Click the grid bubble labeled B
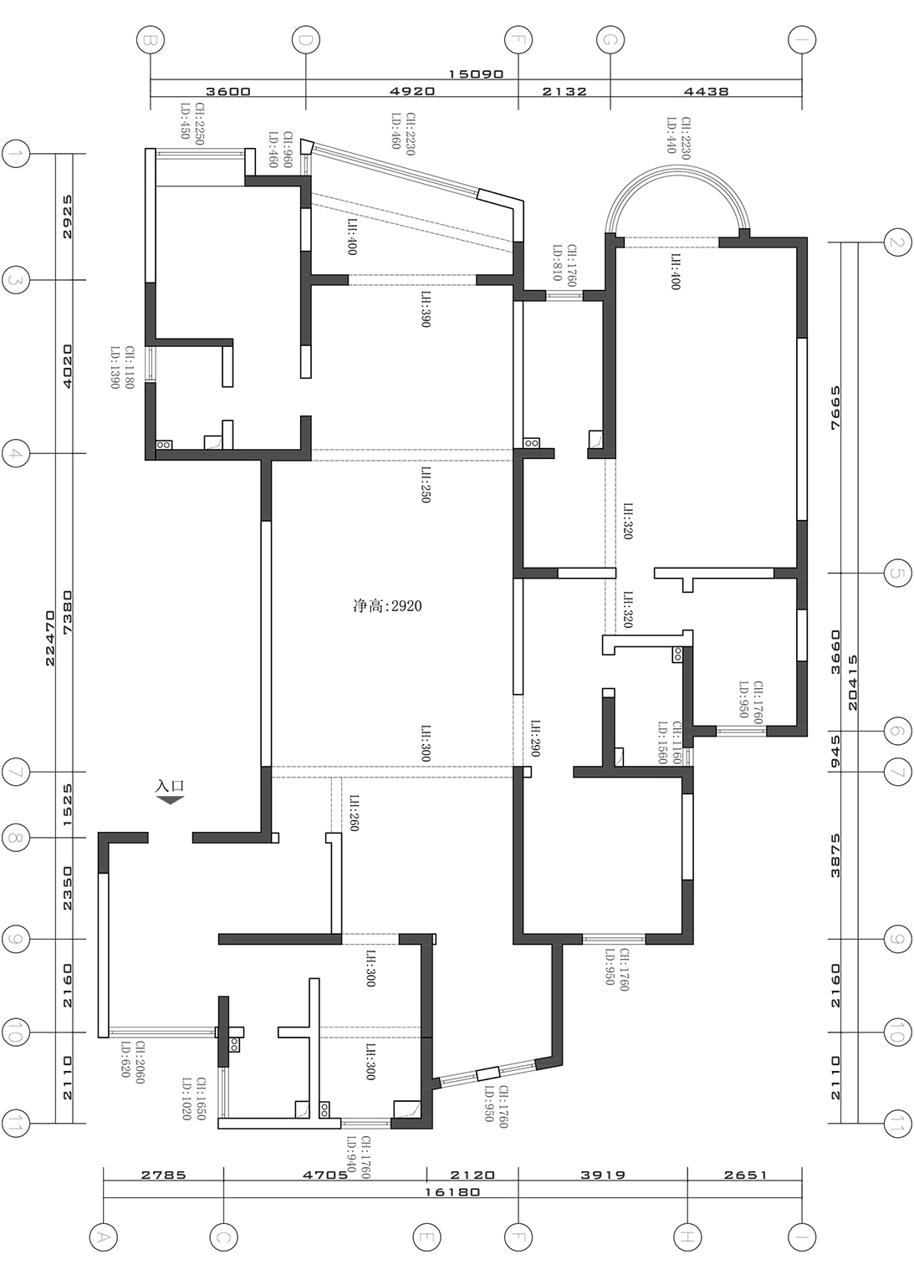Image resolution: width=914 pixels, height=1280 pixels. [151, 40]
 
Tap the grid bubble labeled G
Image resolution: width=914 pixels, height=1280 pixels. [610, 40]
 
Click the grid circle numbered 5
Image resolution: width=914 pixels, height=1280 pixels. [897, 574]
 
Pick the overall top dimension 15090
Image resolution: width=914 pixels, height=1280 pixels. [476, 74]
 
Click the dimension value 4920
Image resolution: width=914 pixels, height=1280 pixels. [412, 91]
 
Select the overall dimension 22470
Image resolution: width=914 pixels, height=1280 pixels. [49, 638]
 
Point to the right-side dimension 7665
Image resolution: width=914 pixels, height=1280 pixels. [835, 407]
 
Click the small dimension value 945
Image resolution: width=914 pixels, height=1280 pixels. [835, 751]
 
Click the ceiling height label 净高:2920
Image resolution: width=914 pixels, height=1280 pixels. [387, 605]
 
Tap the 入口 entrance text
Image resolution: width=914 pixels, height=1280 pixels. [170, 786]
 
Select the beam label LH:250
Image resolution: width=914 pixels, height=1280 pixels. [426, 485]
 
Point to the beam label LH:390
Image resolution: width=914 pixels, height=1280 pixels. [426, 309]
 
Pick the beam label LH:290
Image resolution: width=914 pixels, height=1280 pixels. [535, 738]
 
